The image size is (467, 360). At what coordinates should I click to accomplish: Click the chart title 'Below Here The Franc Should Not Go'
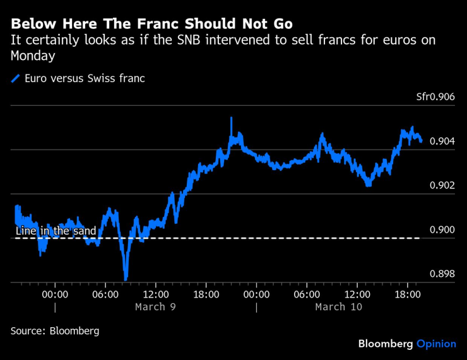coord(151,25)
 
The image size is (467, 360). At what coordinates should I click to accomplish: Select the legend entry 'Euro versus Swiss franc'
coord(85,79)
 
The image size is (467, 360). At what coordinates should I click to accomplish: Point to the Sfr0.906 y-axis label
coord(435,97)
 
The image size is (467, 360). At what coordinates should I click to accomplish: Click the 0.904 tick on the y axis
coord(442,141)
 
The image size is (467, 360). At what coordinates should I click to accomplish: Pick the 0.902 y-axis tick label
coord(442,185)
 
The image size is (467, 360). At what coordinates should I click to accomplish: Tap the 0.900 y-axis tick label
coord(442,229)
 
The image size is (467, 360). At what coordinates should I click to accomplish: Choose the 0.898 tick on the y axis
coord(442,274)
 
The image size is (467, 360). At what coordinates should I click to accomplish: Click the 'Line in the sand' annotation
coord(56,231)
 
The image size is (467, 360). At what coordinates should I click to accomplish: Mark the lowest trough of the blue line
coord(126,278)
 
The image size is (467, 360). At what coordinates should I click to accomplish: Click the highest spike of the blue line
coord(231,118)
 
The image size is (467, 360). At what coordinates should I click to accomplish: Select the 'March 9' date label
coord(155,307)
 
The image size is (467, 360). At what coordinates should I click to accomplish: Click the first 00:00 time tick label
coord(55,294)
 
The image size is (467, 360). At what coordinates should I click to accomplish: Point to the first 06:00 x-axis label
coord(105,294)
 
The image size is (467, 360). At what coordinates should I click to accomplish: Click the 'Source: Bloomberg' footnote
coord(55,330)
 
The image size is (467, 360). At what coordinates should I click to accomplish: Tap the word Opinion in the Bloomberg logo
coord(436,344)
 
